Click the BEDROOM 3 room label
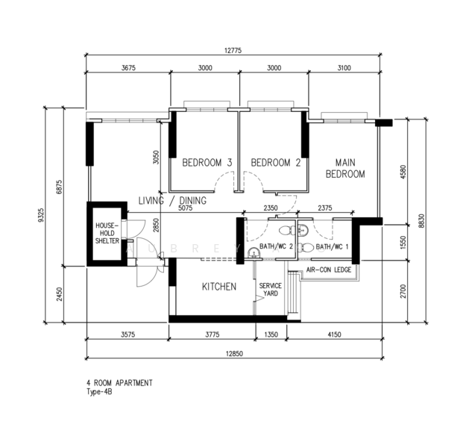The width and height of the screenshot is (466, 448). click(x=207, y=163)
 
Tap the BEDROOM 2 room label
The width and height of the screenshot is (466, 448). click(x=276, y=163)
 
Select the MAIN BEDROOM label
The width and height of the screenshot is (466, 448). click(x=345, y=168)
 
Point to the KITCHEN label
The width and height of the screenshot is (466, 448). click(x=219, y=287)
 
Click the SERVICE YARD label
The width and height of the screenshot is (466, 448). click(x=271, y=290)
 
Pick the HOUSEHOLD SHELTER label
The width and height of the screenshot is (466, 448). click(x=107, y=233)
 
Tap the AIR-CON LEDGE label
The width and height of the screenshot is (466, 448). click(x=329, y=270)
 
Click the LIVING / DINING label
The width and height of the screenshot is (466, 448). click(x=172, y=201)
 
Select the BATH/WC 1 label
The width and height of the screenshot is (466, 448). click(x=332, y=246)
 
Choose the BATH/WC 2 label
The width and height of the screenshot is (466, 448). click(x=276, y=246)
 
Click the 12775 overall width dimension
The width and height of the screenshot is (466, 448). click(x=233, y=51)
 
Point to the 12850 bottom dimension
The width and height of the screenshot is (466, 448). click(x=234, y=354)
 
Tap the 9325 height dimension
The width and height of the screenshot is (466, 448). click(x=41, y=215)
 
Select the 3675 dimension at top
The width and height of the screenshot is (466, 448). click(x=128, y=68)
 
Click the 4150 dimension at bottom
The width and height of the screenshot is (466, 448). click(x=334, y=335)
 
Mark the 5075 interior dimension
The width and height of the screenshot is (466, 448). click(x=185, y=208)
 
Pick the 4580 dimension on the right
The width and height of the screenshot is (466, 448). click(x=403, y=172)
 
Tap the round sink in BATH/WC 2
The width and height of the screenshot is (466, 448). click(x=254, y=253)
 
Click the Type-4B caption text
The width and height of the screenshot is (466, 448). click(x=99, y=392)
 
